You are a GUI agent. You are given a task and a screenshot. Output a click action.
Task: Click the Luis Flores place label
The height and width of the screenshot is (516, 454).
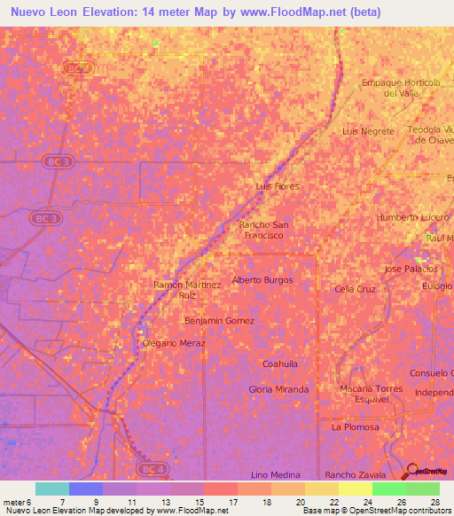[x=277, y=186]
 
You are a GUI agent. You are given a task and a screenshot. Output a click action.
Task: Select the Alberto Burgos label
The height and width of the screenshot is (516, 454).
[x=262, y=280]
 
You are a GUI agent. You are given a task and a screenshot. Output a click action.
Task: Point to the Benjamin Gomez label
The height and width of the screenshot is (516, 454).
[x=219, y=320]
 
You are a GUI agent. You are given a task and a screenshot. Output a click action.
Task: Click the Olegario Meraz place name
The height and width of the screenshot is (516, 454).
[x=168, y=342]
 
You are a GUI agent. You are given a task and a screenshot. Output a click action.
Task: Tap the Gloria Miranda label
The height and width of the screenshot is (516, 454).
[x=278, y=389]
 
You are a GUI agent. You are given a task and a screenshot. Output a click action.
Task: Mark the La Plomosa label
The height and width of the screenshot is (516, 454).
[x=355, y=426]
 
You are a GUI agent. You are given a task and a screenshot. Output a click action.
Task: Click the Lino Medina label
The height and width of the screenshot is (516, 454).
[x=271, y=475]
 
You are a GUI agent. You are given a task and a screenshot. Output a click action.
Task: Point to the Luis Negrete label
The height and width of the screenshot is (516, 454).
[x=368, y=130]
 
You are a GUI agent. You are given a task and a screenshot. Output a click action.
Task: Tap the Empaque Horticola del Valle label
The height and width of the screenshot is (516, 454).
[x=401, y=87]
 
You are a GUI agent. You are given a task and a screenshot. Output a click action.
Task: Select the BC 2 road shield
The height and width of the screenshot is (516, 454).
[x=78, y=67]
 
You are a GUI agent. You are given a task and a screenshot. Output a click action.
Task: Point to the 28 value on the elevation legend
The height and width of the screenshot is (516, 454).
[x=434, y=501]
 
